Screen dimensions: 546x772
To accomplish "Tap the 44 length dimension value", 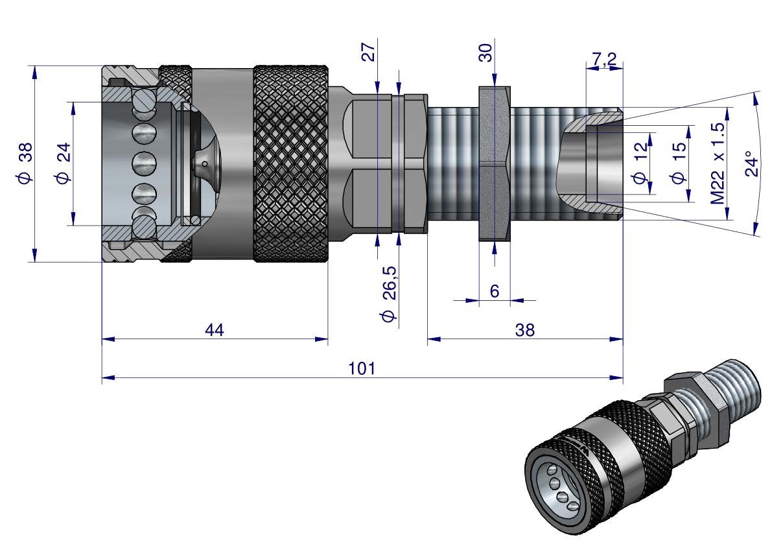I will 215,330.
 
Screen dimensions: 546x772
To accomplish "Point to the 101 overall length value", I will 362,368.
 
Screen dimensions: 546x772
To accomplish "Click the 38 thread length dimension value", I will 525,330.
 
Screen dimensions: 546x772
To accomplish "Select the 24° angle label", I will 750,163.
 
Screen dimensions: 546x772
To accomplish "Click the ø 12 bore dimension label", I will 642,163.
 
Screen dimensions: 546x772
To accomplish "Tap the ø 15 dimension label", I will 679,163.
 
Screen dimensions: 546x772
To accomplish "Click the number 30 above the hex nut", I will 487,52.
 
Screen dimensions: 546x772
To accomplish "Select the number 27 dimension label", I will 369,52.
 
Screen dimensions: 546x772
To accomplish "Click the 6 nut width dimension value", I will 495,291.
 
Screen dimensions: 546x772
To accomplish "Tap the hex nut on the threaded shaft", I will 495,163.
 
